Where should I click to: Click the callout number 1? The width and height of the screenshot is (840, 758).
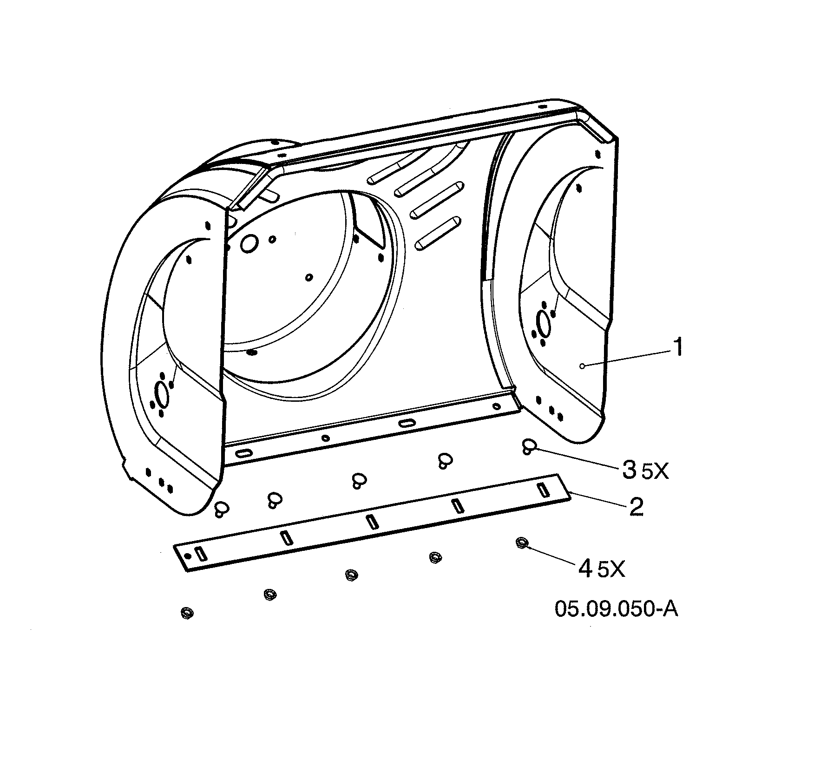click(x=679, y=348)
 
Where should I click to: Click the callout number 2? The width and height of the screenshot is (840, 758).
click(x=636, y=507)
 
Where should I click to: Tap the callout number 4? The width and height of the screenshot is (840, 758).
click(x=585, y=568)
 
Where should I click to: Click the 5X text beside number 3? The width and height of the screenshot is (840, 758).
click(x=655, y=472)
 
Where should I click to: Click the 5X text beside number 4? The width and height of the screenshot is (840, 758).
click(x=611, y=570)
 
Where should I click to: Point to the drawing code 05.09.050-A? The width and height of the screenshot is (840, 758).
click(x=616, y=609)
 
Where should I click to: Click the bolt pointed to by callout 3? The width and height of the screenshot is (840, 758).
click(x=529, y=447)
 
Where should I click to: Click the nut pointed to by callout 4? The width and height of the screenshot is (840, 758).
click(x=522, y=543)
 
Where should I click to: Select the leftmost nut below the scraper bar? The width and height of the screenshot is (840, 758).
click(x=186, y=613)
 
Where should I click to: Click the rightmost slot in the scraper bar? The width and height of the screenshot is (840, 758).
click(x=542, y=490)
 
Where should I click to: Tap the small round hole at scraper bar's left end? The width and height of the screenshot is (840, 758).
click(x=188, y=556)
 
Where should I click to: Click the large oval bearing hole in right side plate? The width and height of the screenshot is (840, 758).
click(x=542, y=321)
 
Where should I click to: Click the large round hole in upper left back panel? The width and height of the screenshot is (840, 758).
click(x=249, y=243)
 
